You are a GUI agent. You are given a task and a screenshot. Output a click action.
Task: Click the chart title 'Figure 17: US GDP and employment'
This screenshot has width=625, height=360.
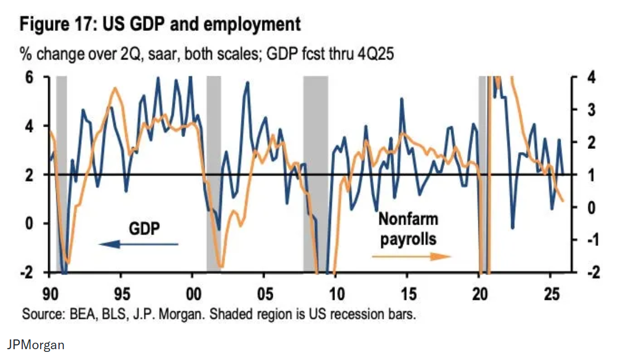[x=160, y=25]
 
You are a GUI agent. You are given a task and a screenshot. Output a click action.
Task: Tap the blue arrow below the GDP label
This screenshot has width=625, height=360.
[x=138, y=244]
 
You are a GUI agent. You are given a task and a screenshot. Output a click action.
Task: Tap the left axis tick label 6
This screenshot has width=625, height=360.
[x=30, y=77]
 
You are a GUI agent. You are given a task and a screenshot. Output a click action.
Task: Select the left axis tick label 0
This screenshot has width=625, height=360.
[x=30, y=223]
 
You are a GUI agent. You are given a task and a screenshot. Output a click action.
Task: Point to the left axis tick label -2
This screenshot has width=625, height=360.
[x=27, y=272]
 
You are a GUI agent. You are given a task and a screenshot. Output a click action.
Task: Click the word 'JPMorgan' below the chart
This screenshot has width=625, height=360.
[x=35, y=344]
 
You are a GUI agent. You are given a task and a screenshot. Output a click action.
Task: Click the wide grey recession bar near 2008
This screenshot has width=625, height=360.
[x=316, y=173]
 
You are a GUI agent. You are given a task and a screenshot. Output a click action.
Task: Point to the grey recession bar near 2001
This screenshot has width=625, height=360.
[x=214, y=173]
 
